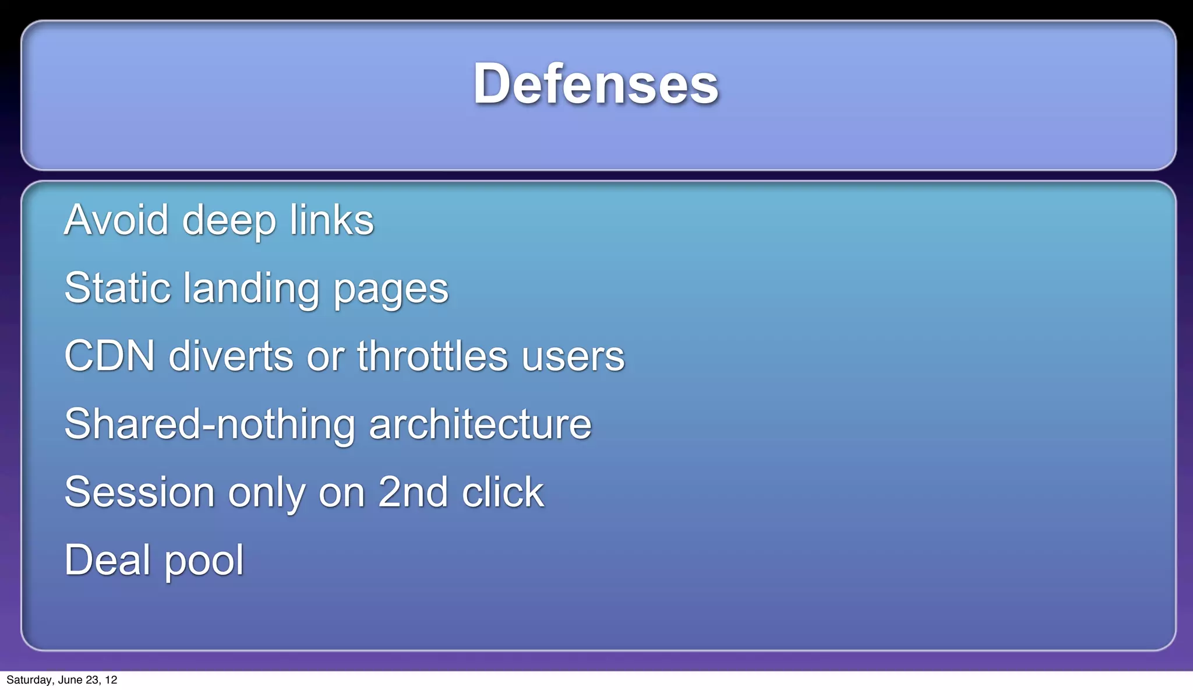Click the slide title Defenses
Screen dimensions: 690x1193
[x=595, y=84]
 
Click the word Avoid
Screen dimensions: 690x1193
[x=116, y=220]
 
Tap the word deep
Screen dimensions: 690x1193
[x=229, y=221]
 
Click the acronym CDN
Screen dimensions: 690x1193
[x=110, y=356]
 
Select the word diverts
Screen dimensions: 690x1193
[x=231, y=356]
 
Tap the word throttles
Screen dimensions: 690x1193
[x=432, y=356]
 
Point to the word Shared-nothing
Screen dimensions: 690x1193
[x=210, y=424]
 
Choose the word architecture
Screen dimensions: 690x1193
[x=480, y=424]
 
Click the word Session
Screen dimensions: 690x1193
[x=140, y=492]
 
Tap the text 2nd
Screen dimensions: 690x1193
[x=412, y=492]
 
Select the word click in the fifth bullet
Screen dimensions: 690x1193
[x=503, y=492]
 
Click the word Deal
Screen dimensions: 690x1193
[x=108, y=560]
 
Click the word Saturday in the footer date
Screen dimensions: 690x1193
[x=29, y=680]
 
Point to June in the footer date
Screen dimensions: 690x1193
[x=70, y=680]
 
